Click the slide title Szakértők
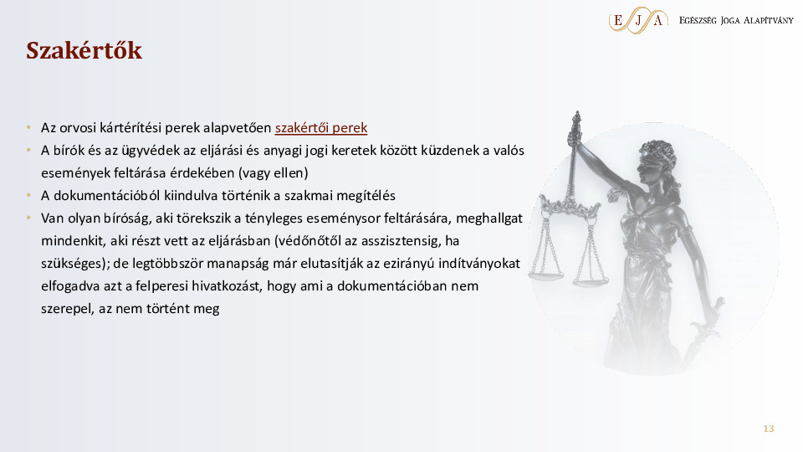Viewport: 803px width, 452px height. pos(84,51)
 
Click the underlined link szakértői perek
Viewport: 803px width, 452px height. pos(321,129)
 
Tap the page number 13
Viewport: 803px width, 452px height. pos(768,429)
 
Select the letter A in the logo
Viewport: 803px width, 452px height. pos(658,20)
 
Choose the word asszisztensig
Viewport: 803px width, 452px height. pos(404,241)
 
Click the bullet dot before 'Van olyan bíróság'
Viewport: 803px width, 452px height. pos(28,218)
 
